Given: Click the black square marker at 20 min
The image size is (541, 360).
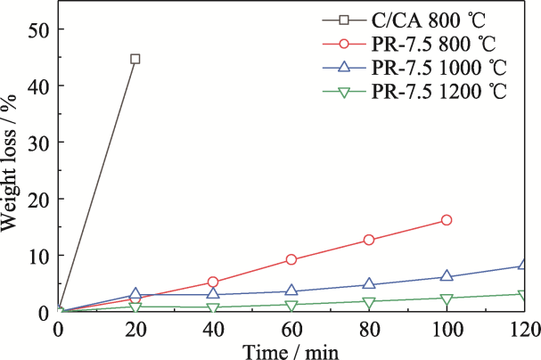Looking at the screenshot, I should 135,59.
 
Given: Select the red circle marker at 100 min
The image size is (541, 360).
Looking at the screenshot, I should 447,220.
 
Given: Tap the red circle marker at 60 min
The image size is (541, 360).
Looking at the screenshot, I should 291,259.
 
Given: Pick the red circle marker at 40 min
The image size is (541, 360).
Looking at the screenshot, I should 213,282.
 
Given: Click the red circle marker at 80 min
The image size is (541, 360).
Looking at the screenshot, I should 369,240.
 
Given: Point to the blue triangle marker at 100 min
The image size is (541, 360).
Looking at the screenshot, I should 447,276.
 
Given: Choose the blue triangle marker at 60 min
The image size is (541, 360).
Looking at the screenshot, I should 291,290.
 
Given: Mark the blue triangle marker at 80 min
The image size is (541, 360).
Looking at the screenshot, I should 369,284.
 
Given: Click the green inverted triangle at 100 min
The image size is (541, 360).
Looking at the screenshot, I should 447,299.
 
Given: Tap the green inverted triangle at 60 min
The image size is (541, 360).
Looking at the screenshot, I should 291,306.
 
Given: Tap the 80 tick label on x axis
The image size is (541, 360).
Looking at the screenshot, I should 369,329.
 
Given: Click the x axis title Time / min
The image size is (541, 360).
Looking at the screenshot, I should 291,350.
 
